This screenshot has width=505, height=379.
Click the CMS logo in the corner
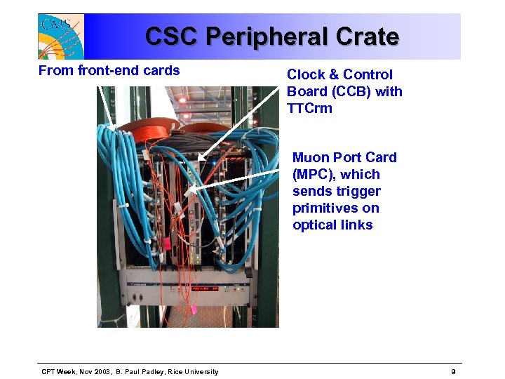61,36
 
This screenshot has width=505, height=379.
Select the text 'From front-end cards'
109,70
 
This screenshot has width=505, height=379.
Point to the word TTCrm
309,108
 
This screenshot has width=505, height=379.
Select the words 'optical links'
332,225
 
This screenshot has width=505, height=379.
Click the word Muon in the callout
309,157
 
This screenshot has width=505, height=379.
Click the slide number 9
454,371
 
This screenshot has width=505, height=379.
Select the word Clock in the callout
304,74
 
